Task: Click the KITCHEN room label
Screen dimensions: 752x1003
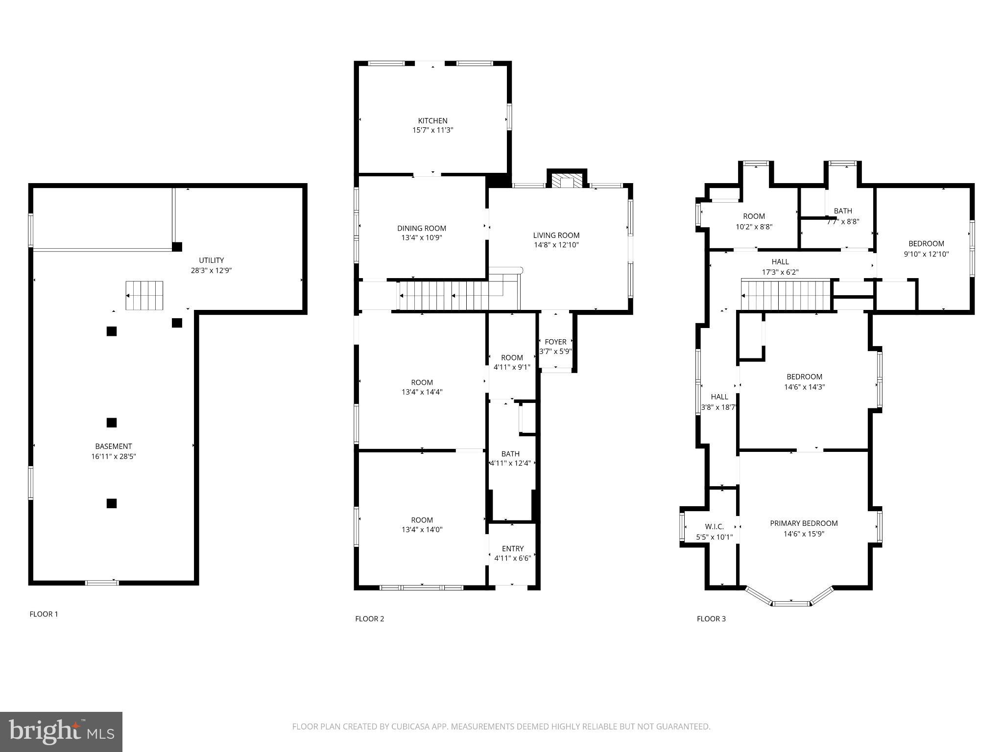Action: tap(432, 120)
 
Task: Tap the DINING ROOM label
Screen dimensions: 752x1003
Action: tap(421, 228)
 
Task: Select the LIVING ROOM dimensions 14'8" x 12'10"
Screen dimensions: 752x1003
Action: tap(556, 245)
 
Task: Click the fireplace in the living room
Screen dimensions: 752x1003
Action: tap(567, 180)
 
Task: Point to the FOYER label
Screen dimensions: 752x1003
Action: tap(555, 342)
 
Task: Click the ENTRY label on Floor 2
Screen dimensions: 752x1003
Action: tap(512, 548)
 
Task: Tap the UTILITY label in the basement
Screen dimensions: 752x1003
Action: tap(211, 260)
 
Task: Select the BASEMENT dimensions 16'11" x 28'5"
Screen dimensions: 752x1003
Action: tap(113, 456)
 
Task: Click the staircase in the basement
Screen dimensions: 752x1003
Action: tap(144, 295)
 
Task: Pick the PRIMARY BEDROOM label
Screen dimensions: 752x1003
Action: tap(804, 523)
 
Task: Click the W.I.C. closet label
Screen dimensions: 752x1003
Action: tap(714, 527)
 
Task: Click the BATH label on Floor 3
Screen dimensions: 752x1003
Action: tap(842, 211)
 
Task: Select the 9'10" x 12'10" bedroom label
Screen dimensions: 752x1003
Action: tap(926, 249)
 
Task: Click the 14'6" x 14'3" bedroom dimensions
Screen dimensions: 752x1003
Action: tap(804, 387)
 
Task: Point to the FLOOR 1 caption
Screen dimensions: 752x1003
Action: tap(44, 614)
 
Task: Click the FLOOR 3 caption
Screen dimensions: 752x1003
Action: tap(711, 619)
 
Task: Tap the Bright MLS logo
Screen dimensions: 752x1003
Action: tap(61, 731)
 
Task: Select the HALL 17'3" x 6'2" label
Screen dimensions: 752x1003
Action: tap(780, 267)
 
